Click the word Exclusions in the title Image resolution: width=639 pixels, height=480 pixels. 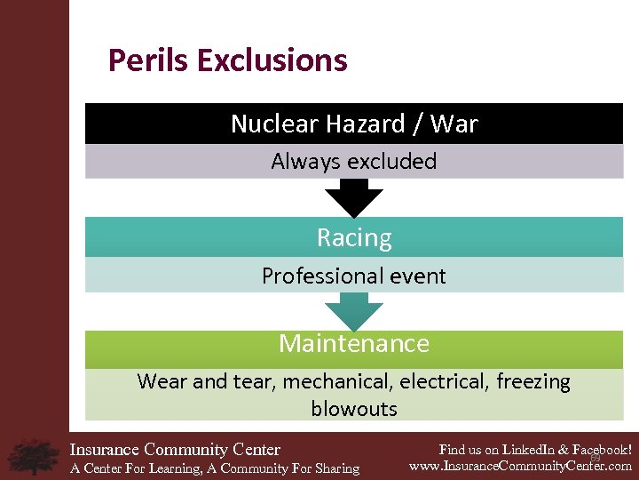click(272, 61)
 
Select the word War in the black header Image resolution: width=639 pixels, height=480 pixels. click(454, 124)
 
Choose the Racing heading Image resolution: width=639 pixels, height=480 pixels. click(354, 238)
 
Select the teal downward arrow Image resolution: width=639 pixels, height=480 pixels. click(354, 312)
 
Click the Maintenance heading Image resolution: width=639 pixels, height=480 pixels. click(354, 343)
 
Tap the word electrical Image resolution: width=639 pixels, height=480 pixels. click(444, 382)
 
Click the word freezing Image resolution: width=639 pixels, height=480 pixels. click(532, 382)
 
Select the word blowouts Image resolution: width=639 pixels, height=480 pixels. click(354, 409)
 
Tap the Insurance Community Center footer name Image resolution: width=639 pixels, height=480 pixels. click(175, 450)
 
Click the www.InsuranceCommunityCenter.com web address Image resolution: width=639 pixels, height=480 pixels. click(520, 466)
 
